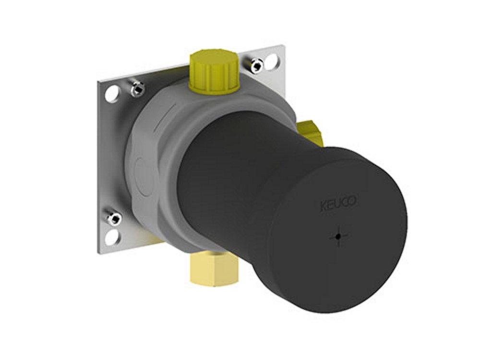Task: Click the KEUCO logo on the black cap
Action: (x=338, y=204)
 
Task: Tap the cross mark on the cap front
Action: (x=339, y=237)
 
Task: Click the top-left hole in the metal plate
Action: (x=111, y=93)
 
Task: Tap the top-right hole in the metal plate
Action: (x=271, y=60)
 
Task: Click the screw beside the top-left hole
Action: (x=138, y=88)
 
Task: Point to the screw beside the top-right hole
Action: (x=256, y=65)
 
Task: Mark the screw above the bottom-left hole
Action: (x=115, y=218)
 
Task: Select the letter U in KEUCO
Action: (x=337, y=204)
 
